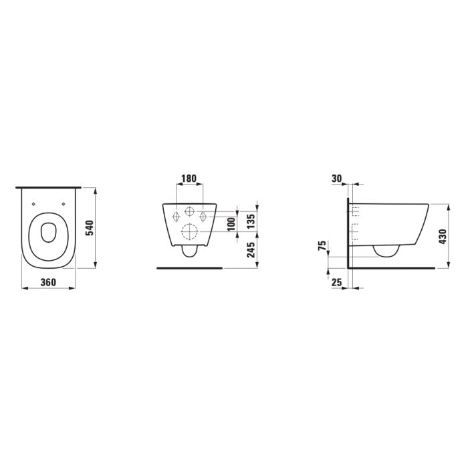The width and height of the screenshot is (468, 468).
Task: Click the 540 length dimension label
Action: tap(90, 228)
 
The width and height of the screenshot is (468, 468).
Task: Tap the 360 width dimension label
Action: tap(48, 282)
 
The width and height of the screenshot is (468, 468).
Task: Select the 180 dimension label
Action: tap(189, 179)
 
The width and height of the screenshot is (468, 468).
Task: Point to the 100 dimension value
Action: tap(231, 225)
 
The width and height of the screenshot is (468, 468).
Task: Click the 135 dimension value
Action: tap(251, 221)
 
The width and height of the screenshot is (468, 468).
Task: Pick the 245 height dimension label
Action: tap(251, 249)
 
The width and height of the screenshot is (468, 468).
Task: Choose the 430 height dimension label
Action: tap(443, 237)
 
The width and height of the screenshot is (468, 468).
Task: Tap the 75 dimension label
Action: tap(322, 245)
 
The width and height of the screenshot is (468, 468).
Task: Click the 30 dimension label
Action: tap(337, 179)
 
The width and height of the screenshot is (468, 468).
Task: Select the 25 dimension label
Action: tap(337, 282)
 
